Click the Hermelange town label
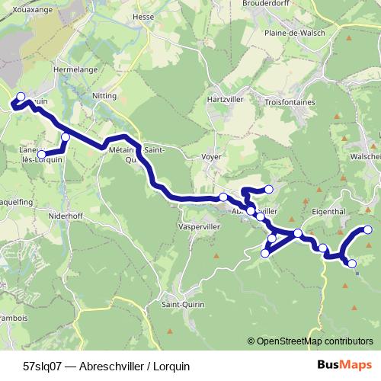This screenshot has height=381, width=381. [x=75, y=68]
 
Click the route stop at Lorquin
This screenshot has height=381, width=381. [x=21, y=97]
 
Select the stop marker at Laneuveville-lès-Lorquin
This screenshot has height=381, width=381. [x=43, y=155]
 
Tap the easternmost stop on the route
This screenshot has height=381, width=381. [x=368, y=229]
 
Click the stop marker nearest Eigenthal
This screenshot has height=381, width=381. [x=298, y=232]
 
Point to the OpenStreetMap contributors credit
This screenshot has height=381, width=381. [x=315, y=341]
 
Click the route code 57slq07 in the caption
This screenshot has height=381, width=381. [x=43, y=366]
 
